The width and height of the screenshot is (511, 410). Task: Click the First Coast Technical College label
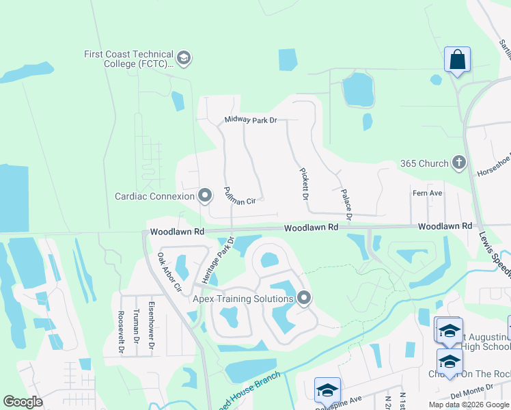(128, 59)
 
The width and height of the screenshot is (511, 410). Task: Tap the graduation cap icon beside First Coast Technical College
(183, 59)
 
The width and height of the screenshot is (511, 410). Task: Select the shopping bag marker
(457, 59)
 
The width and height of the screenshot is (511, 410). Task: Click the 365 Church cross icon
(458, 163)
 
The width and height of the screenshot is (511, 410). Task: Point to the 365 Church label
(424, 164)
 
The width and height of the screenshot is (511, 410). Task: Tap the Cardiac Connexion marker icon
(204, 196)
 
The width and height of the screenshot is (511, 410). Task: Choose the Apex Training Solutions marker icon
(304, 298)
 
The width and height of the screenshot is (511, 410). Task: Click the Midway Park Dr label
(251, 120)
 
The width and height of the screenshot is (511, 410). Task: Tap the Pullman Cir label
(239, 195)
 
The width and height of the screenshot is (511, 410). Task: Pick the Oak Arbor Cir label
(169, 273)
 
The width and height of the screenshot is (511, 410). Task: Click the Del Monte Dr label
(485, 394)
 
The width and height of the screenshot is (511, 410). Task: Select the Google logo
(23, 402)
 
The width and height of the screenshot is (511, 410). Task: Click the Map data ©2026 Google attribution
(468, 405)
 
